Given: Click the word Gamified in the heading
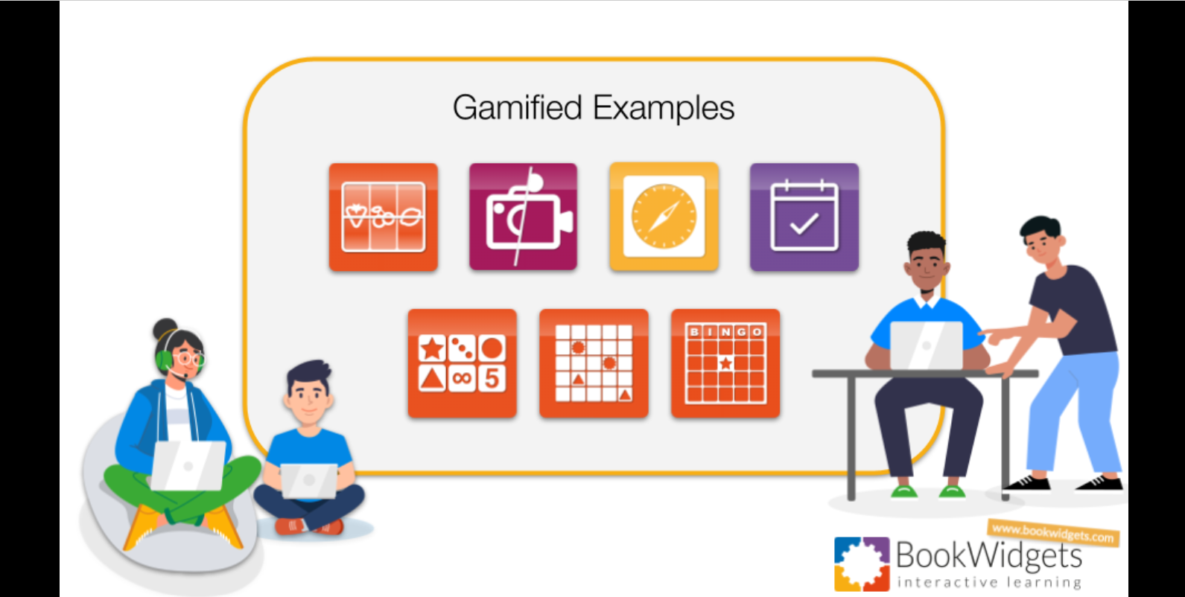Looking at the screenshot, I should (517, 108).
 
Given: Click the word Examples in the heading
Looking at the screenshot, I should (664, 109).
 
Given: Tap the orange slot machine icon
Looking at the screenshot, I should (383, 217).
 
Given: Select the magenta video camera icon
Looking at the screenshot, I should (523, 217).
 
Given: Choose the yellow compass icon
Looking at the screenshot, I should (664, 217).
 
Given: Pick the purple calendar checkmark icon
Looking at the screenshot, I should (804, 217).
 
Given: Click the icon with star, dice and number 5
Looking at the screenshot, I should (462, 363).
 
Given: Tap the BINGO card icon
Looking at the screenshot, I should (725, 363).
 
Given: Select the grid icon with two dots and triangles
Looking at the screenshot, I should (594, 363).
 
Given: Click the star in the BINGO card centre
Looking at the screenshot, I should (725, 363).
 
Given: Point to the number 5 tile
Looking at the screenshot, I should (492, 378).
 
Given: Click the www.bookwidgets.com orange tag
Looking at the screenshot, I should (1052, 532).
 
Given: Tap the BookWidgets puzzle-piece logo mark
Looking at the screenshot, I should (862, 564).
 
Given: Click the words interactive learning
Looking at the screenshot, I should (989, 582).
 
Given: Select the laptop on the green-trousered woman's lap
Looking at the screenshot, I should (188, 465).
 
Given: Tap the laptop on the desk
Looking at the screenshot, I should (926, 345).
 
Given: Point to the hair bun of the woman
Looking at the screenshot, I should (164, 328).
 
